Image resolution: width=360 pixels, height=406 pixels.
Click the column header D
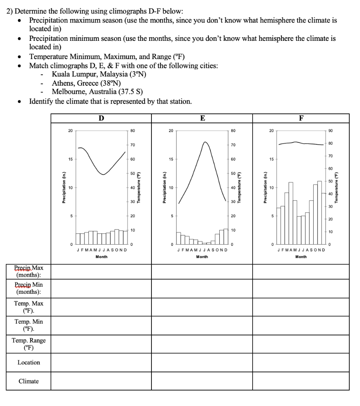point(101,118)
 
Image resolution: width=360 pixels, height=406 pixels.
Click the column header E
point(202,118)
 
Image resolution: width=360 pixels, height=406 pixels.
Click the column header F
point(301,118)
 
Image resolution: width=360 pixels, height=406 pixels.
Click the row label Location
point(29,362)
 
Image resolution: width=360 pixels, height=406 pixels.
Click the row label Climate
point(29,381)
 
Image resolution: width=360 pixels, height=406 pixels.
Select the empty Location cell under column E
point(202,362)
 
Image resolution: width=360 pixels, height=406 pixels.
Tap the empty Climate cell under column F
point(301,381)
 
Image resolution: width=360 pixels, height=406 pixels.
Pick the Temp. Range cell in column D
point(101,344)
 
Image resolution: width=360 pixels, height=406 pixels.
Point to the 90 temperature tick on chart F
point(331,130)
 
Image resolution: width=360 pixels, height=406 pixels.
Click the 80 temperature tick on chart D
point(133,130)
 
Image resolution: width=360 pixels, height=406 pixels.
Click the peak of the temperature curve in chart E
point(205,142)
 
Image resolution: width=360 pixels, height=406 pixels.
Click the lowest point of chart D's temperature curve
point(103,174)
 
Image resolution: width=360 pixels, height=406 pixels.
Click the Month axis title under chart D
point(101,257)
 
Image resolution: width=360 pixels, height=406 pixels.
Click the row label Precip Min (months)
point(29,288)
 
